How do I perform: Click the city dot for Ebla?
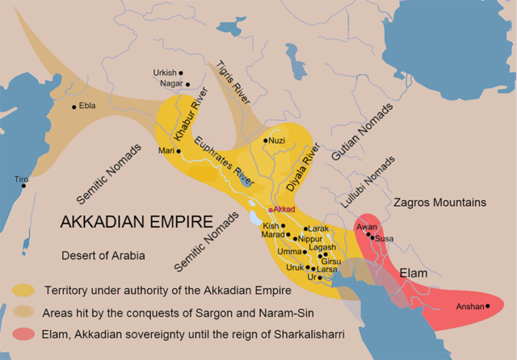pos(74,107)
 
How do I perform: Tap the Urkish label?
pos(164,73)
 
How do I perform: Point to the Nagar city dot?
pos(187,83)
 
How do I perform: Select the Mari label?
pos(166,151)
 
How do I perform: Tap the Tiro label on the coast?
pos(21,178)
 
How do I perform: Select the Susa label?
pos(385,239)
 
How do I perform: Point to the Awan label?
pos(366,227)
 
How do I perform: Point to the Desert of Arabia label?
pos(103,256)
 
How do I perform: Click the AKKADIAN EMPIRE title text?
pos(138,221)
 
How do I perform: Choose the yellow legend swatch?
pos(23,289)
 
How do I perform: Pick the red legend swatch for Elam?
pos(23,333)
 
